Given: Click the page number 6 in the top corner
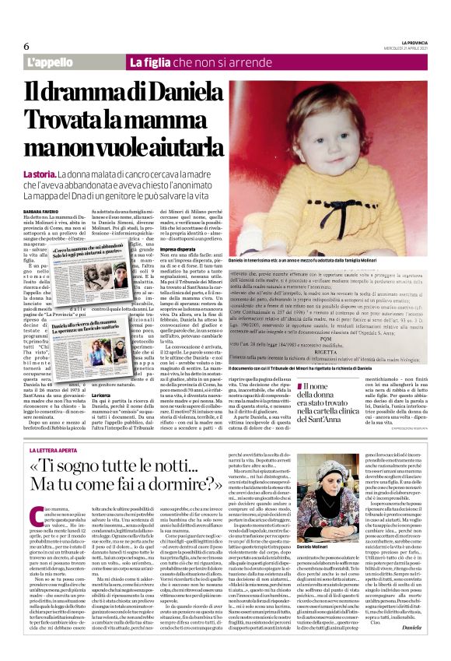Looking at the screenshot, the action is [26, 46].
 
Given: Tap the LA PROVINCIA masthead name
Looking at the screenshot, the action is [407, 41].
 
